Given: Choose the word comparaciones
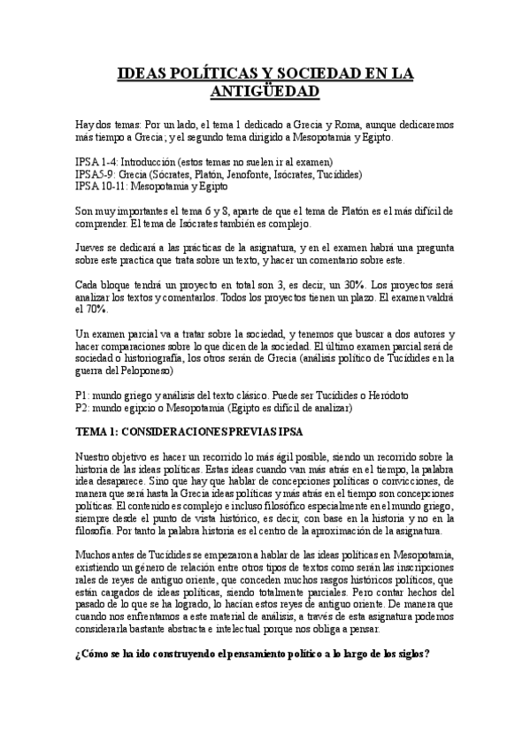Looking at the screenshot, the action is (124, 346).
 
